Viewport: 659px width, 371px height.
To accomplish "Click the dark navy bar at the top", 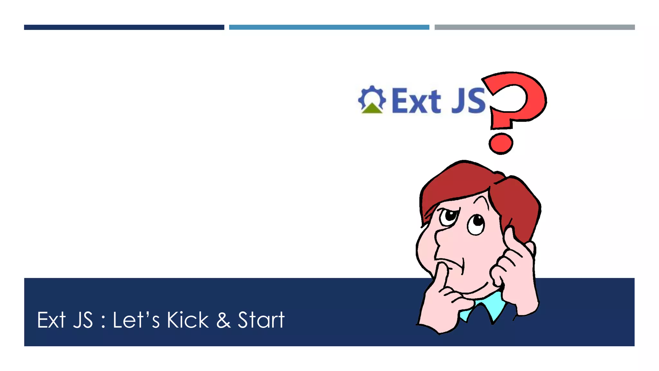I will (x=124, y=27).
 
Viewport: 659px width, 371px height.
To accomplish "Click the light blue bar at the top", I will (x=329, y=27).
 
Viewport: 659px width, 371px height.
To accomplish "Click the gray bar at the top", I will (x=534, y=27).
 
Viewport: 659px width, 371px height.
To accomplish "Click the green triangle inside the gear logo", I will (x=372, y=109).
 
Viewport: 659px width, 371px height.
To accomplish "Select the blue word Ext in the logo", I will (x=416, y=101).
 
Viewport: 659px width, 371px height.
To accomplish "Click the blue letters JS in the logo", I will (x=468, y=101).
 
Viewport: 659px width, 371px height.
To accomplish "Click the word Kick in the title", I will (x=188, y=320).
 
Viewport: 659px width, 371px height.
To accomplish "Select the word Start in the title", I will (x=261, y=320).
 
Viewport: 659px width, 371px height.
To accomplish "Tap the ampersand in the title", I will (x=223, y=320).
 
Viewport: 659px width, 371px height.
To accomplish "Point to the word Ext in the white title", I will (x=51, y=320).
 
